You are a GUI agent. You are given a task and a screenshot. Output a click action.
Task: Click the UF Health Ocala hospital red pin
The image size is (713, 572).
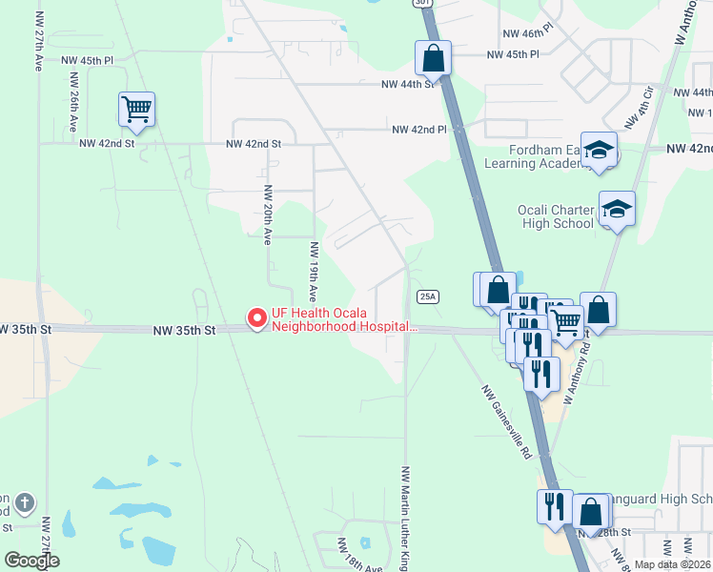pos(256,318)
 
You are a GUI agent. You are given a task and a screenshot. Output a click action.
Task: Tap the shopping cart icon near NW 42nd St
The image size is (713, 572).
pos(136,110)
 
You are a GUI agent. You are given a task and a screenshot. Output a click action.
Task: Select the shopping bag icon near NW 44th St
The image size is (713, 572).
pos(433,58)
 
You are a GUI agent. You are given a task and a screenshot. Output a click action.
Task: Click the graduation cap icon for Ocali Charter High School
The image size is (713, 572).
pos(617,209)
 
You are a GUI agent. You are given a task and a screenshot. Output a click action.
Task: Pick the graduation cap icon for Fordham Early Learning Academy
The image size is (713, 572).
pos(600,150)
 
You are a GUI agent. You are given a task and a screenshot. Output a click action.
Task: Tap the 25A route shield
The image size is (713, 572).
pos(428,296)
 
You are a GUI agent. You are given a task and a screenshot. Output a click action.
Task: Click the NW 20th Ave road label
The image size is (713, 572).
pos(269,214)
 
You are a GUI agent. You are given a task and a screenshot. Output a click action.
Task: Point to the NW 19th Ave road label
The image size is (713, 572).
pos(313,270)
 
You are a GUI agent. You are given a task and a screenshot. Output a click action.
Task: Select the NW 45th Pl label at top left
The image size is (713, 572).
pos(88,60)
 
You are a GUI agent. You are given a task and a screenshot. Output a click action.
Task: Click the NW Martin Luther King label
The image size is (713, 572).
pos(405,519)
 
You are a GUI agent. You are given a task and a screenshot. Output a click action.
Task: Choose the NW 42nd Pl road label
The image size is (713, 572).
pos(418,130)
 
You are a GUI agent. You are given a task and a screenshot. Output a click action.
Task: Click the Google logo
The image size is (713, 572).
pos(31,561)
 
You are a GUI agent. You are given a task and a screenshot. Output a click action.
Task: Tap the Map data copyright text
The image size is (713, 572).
pos(673,564)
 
